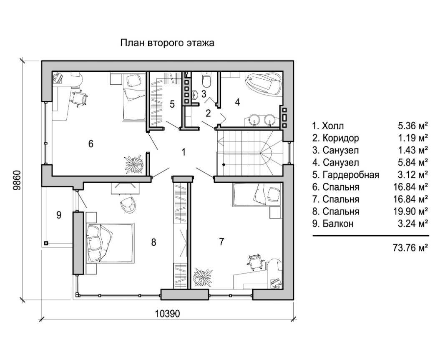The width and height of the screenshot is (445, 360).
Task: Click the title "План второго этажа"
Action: pyautogui.click(x=167, y=43)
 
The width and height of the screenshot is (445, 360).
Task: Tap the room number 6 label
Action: pyautogui.click(x=91, y=143)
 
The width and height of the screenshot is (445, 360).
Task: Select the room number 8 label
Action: pyautogui.click(x=153, y=242)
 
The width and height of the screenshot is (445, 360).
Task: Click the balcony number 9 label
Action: pyautogui.click(x=59, y=215)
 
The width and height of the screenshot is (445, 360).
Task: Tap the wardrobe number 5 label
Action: pyautogui.click(x=172, y=104)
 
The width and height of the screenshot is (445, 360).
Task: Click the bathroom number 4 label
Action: pyautogui.click(x=237, y=102)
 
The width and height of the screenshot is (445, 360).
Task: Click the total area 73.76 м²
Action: pyautogui.click(x=411, y=247)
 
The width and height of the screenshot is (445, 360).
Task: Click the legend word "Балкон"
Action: pyautogui.click(x=338, y=224)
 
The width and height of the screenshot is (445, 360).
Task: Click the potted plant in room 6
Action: pyautogui.click(x=134, y=164)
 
